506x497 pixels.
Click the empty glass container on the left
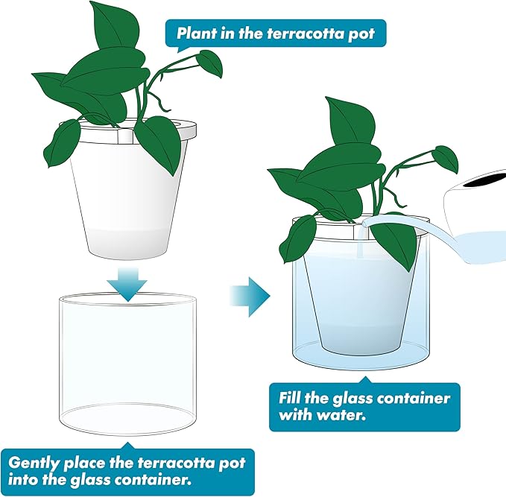128,358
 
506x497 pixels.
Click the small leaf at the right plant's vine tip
446,156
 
